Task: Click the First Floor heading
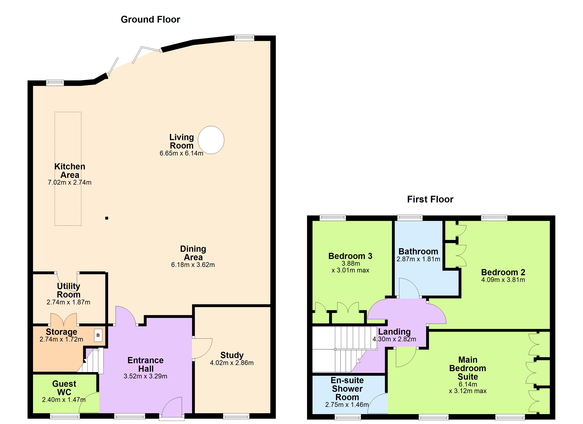point(430,199)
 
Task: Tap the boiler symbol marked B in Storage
point(98,335)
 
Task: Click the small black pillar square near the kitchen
point(107,218)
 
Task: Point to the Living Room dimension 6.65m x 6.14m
point(181,153)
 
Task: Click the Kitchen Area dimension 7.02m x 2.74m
point(69,182)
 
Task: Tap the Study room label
point(232,355)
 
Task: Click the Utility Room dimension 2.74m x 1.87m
point(68,302)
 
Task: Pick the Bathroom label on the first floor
point(418,251)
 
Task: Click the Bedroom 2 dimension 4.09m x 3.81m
point(503,280)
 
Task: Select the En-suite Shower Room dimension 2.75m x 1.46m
point(347,405)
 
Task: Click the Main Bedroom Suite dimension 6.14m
point(468,384)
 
